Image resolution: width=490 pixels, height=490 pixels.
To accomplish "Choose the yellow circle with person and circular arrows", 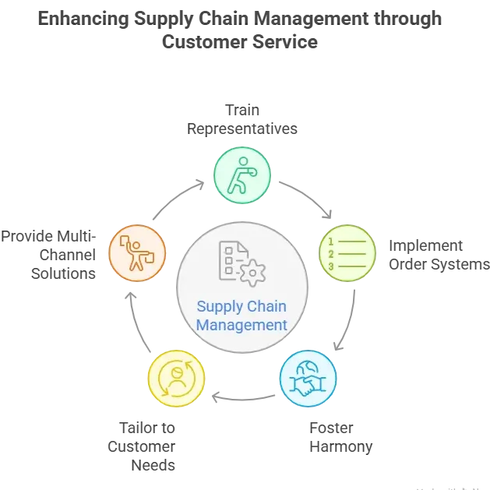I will [176, 379].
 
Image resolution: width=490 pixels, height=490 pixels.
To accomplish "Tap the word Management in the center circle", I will [241, 325].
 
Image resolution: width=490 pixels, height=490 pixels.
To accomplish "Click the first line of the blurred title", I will [245, 17].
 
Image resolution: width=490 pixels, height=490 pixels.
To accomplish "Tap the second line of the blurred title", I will [245, 42].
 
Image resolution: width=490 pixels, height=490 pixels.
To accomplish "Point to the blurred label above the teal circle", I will [243, 118].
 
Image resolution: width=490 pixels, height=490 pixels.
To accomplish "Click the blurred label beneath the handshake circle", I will [339, 438].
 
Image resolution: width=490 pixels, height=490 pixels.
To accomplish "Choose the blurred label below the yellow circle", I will [143, 448].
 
